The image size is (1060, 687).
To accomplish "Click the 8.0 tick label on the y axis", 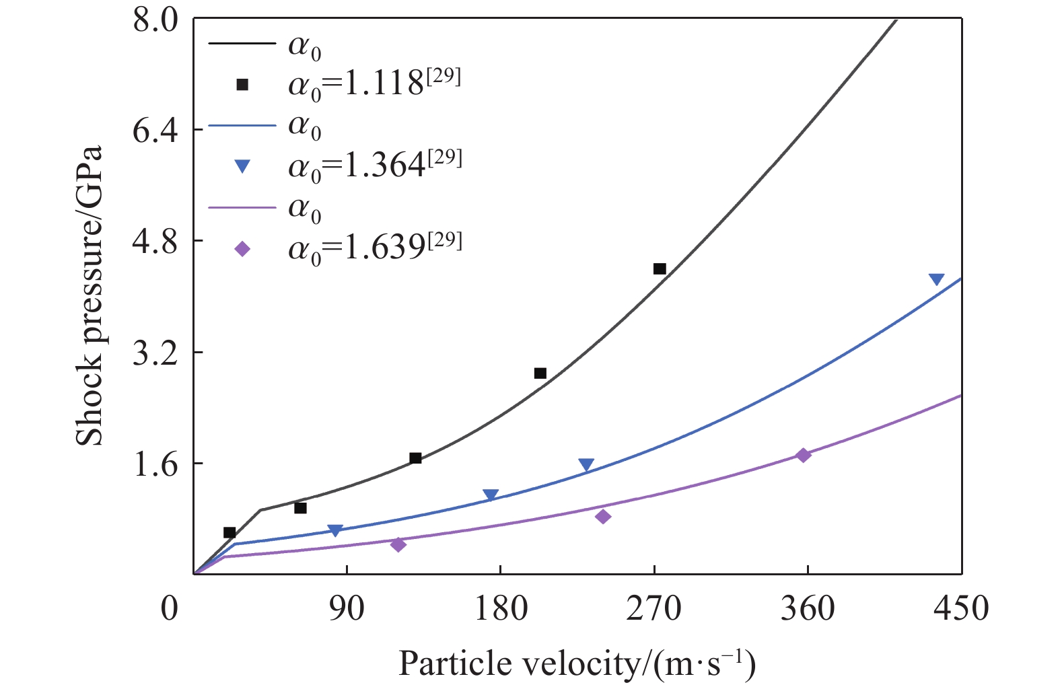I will [155, 20].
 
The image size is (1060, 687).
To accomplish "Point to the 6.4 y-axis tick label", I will [155, 130].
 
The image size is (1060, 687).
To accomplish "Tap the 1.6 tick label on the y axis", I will [155, 464].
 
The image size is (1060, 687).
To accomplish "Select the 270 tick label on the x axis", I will [653, 609].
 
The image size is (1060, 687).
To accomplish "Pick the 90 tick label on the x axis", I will [347, 609].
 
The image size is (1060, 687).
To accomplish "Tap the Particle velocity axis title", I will [577, 664].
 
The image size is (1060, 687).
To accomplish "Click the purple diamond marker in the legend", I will [242, 249].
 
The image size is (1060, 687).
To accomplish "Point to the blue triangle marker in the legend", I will [242, 166].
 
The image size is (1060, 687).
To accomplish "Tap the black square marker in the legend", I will [242, 85].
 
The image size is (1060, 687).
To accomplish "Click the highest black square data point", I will [660, 269].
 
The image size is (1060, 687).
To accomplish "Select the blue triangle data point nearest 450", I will [936, 279].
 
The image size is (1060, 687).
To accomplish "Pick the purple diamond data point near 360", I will [803, 456].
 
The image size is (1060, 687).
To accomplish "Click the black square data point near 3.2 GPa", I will [540, 373].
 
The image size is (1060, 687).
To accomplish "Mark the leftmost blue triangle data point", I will [335, 530].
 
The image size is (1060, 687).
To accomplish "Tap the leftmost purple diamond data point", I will [398, 544].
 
